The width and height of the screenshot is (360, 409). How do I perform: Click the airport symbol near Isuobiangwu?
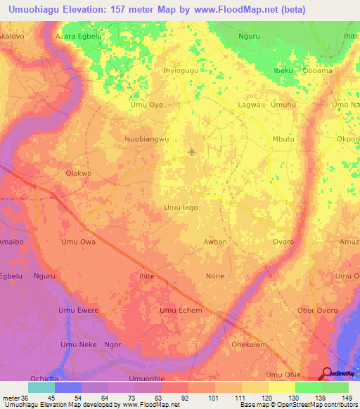point(192,152)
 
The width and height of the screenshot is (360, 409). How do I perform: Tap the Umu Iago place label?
point(181,207)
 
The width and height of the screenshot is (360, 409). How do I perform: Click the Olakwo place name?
point(78,173)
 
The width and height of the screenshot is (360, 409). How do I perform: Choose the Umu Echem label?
point(181,311)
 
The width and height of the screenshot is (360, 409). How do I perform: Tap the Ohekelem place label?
point(250,345)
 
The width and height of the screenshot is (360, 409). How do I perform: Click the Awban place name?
point(215,242)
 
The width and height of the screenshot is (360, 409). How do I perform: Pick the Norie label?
point(215,276)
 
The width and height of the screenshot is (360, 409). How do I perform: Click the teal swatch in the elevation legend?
point(41,387)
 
